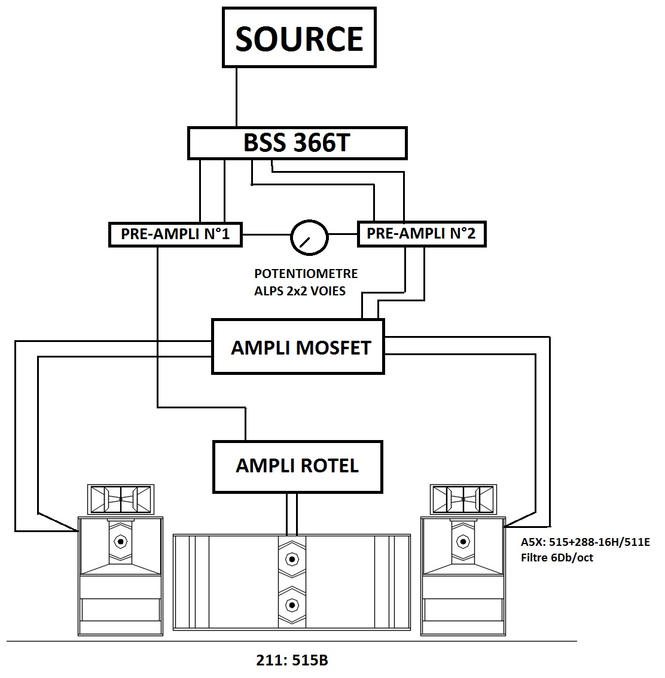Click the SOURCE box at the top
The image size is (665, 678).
pos(299,38)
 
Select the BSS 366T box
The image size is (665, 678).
pos(297,143)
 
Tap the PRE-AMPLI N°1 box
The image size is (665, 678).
pos(175,234)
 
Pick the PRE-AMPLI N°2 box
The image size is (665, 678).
pos(422,234)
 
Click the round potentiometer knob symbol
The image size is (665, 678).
pos(309,237)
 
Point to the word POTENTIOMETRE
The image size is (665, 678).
pos(306,274)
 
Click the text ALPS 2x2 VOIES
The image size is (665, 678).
pos(300,291)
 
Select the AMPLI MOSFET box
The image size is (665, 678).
pos(298,347)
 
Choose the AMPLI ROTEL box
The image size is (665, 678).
pos(297,466)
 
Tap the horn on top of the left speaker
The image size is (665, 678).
pos(121,499)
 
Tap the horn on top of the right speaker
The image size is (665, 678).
pos(463,499)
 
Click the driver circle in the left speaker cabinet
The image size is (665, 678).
pos(121,541)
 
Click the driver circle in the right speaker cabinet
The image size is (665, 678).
pos(463,541)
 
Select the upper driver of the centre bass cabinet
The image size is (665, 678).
pos(292,560)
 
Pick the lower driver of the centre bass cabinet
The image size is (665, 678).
pos(292,604)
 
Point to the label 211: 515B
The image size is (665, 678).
pos(292,660)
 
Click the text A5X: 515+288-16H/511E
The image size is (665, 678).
pos(585,542)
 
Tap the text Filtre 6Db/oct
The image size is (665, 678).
pos(557,558)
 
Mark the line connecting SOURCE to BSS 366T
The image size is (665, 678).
pos(236,97)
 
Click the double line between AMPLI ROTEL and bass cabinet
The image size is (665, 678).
pos(292,514)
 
